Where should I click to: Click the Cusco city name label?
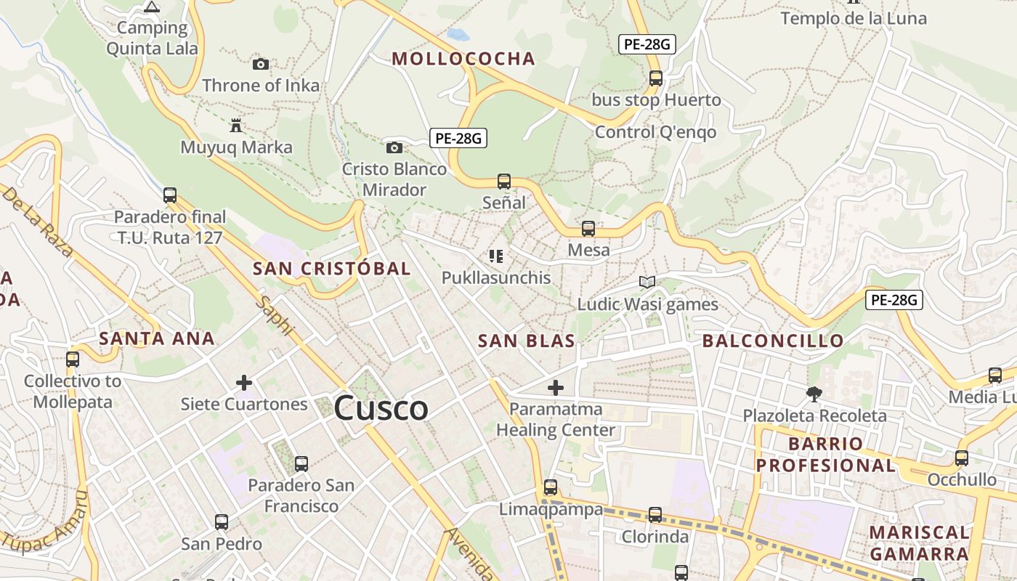(x=381, y=408)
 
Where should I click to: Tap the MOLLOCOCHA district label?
(x=463, y=59)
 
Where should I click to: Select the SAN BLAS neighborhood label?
(x=527, y=341)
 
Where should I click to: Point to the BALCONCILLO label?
(x=773, y=341)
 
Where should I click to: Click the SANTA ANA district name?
(x=157, y=338)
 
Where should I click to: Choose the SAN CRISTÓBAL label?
(x=332, y=269)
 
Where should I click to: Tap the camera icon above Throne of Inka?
(x=261, y=64)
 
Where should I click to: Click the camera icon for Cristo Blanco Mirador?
(x=394, y=147)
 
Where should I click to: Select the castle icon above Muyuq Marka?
(x=236, y=126)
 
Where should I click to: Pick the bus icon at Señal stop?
(x=504, y=181)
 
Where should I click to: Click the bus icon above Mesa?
(x=588, y=229)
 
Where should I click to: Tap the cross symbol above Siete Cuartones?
(x=244, y=382)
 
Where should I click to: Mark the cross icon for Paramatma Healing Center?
(x=556, y=387)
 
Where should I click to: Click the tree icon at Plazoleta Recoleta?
(x=814, y=394)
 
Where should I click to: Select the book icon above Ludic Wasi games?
(x=647, y=282)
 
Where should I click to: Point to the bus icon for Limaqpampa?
(x=551, y=487)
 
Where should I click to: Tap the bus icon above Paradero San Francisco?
(x=301, y=463)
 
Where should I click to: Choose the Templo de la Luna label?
(x=854, y=19)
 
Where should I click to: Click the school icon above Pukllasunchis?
(x=497, y=256)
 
